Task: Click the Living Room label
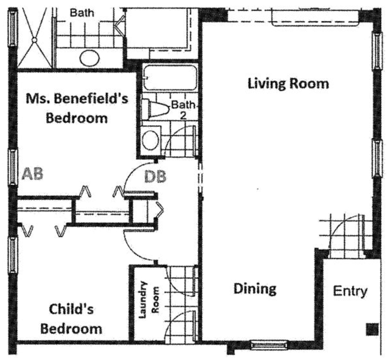288,83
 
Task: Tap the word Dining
255,289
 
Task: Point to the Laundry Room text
148,300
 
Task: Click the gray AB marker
32,174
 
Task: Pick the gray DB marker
155,177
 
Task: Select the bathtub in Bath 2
170,78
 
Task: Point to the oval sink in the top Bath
90,58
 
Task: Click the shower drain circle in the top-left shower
34,40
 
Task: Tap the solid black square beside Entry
372,329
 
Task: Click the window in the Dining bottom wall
269,344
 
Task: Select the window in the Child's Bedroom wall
13,255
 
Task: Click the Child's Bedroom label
71,319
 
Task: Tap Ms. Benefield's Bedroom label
77,108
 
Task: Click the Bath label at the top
82,13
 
